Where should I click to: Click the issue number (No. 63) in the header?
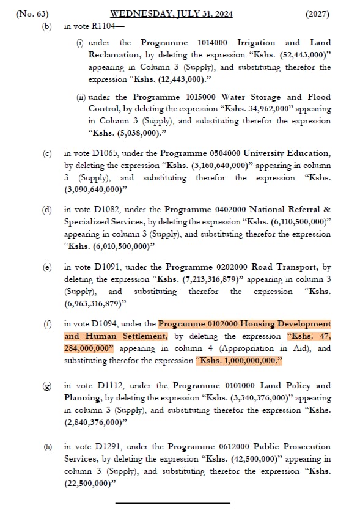pyautogui.click(x=32, y=13)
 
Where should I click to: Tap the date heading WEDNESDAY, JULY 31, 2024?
pyautogui.click(x=171, y=13)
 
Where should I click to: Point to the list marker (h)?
pyautogui.click(x=47, y=447)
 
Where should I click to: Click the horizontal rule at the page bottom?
pyautogui.click(x=172, y=503)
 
